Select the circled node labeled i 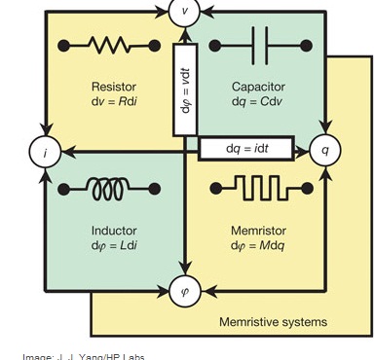(44, 152)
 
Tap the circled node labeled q (324, 151)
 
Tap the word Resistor (114, 86)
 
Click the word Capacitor (258, 86)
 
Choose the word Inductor (114, 230)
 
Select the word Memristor (258, 230)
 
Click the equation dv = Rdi (114, 100)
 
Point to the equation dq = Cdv (258, 100)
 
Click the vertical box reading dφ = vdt (185, 89)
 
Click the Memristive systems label (273, 321)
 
